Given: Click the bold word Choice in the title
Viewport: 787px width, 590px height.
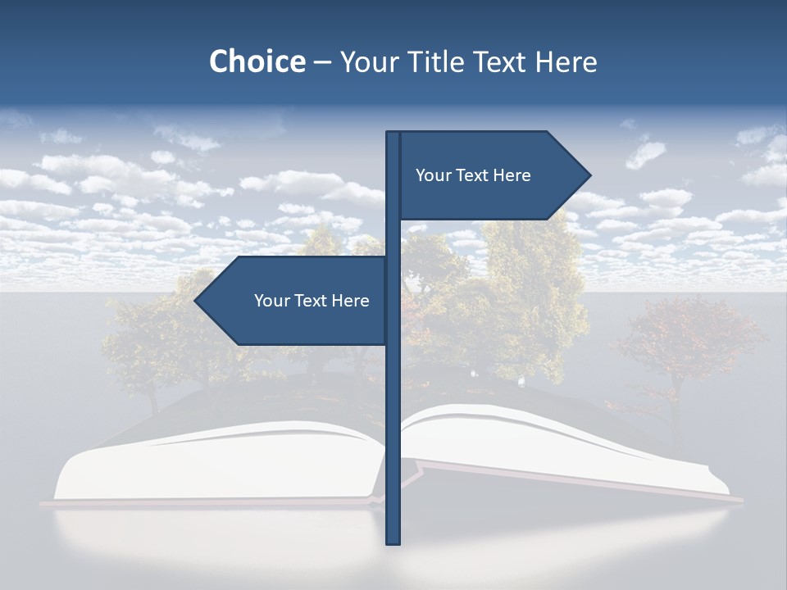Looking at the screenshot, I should (x=257, y=61).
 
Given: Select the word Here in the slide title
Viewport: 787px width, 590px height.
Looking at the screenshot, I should (x=566, y=61).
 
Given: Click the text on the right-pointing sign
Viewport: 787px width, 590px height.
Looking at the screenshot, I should (x=473, y=175).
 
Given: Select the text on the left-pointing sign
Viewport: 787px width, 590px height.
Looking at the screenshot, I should (x=312, y=301).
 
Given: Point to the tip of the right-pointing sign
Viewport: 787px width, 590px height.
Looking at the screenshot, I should (x=589, y=175).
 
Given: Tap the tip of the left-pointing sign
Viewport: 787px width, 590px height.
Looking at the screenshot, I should (x=196, y=301).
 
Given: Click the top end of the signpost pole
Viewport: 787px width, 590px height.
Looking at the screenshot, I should (x=393, y=134).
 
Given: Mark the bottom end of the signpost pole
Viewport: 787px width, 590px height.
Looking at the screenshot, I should (x=393, y=542).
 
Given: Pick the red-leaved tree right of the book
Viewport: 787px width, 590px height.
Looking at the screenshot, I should (x=689, y=344).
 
